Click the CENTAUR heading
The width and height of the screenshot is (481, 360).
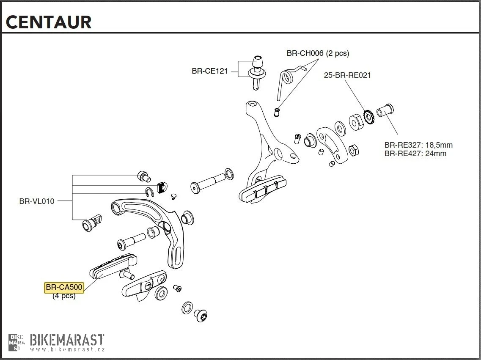tap(49, 22)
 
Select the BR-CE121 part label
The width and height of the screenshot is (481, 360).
tap(209, 71)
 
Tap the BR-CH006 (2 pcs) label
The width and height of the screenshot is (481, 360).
tap(318, 53)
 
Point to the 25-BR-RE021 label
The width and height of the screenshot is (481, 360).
tap(347, 75)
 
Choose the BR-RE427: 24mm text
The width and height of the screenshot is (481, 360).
tap(415, 153)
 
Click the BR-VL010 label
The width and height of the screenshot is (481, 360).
tap(37, 201)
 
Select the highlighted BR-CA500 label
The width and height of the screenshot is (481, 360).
tap(64, 288)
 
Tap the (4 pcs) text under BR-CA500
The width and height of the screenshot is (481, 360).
tap(64, 296)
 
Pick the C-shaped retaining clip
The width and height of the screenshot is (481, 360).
tap(149, 192)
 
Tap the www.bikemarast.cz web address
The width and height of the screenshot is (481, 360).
tap(67, 349)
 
